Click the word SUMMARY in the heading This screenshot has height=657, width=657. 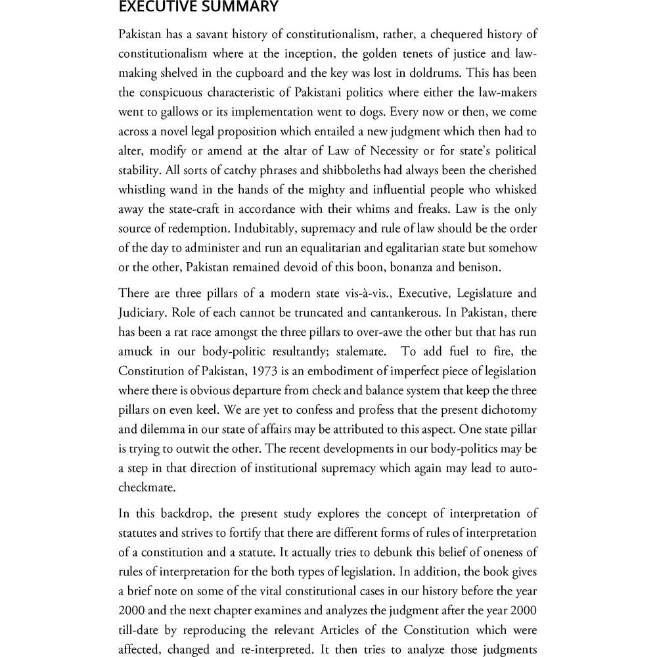click(235, 7)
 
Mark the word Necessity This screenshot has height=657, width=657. click(378, 151)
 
